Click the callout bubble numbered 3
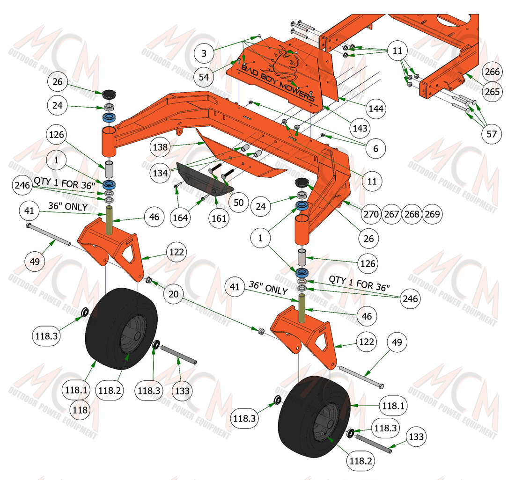coord(204,53)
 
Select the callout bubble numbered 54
coord(204,77)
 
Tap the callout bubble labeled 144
coord(376,109)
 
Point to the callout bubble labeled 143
coord(360,128)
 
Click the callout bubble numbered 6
coord(376,149)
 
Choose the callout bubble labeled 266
coord(492,72)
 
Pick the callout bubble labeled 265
coord(492,92)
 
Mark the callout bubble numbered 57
coord(492,134)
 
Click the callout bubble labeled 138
coord(160,147)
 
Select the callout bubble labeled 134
coord(160,173)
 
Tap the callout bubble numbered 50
coord(239,203)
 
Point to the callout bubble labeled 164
coord(180,218)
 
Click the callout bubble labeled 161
coord(219,218)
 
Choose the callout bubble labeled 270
coord(371,214)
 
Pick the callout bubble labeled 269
coord(432,214)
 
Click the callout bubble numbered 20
coord(173,294)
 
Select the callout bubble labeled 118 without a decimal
coord(80,410)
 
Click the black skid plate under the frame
coord(204,180)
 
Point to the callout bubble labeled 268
coord(412,214)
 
